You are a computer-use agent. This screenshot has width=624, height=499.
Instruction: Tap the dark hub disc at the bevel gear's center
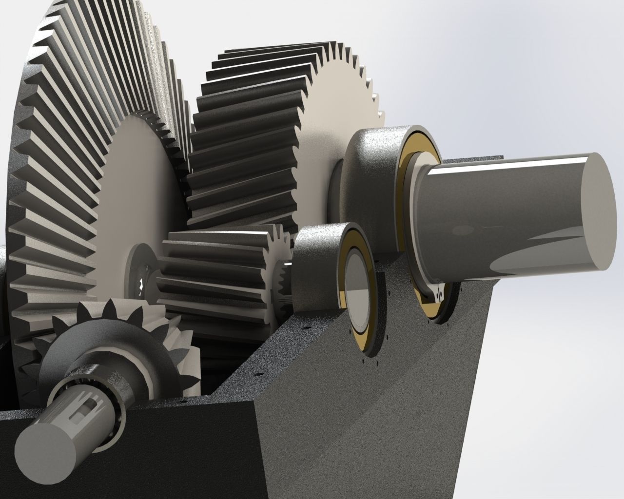point(139,273)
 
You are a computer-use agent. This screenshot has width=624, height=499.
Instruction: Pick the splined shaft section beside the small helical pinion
point(283,283)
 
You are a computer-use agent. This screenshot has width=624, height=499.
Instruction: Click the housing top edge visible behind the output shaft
point(478,158)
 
